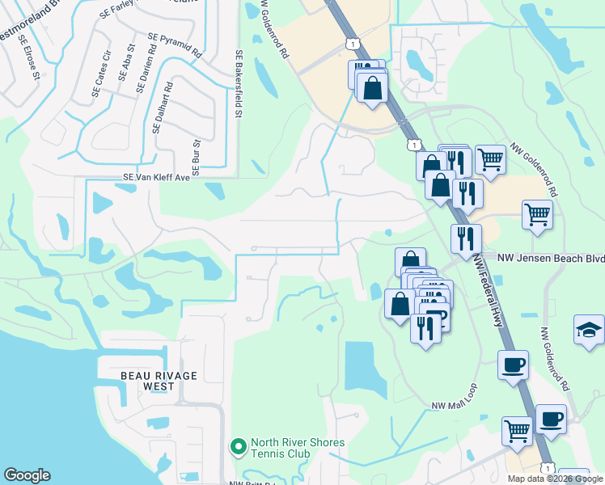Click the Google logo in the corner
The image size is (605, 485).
(x=27, y=475)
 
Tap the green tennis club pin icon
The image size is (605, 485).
(x=239, y=446)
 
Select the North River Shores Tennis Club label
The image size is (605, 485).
(x=297, y=448)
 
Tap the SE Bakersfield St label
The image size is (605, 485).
(x=239, y=85)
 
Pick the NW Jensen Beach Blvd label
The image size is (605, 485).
(x=551, y=257)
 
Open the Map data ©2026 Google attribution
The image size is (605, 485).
(x=556, y=479)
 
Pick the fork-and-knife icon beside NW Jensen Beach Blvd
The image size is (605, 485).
(x=466, y=238)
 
